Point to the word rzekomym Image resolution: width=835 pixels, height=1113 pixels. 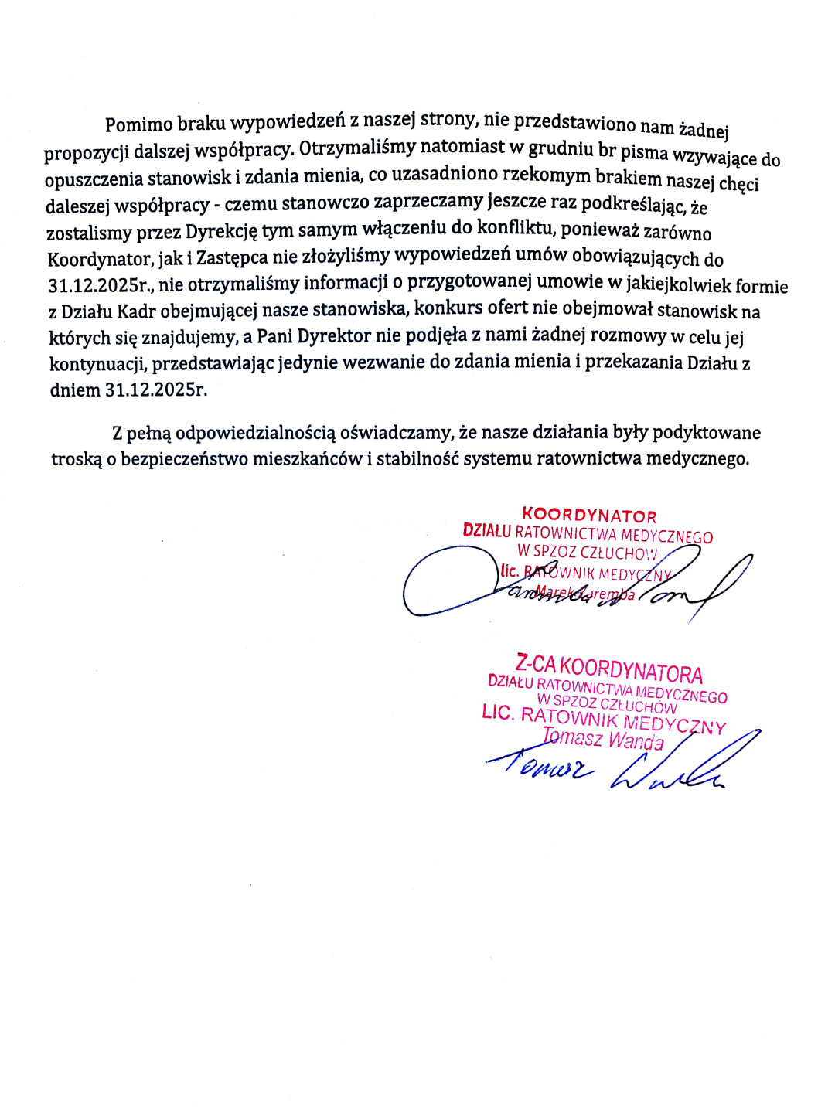tap(547, 175)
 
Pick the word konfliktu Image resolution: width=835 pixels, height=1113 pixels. tap(516, 228)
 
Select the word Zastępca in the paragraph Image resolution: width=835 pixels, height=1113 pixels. tap(233, 257)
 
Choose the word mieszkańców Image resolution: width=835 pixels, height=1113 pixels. tap(315, 458)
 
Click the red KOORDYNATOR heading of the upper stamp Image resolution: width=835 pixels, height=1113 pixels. tap(589, 516)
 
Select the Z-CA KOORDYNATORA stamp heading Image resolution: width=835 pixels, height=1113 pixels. tap(609, 668)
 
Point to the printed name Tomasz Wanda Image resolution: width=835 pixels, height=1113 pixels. tap(603, 739)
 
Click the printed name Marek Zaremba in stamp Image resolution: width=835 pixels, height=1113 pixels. tap(585, 594)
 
